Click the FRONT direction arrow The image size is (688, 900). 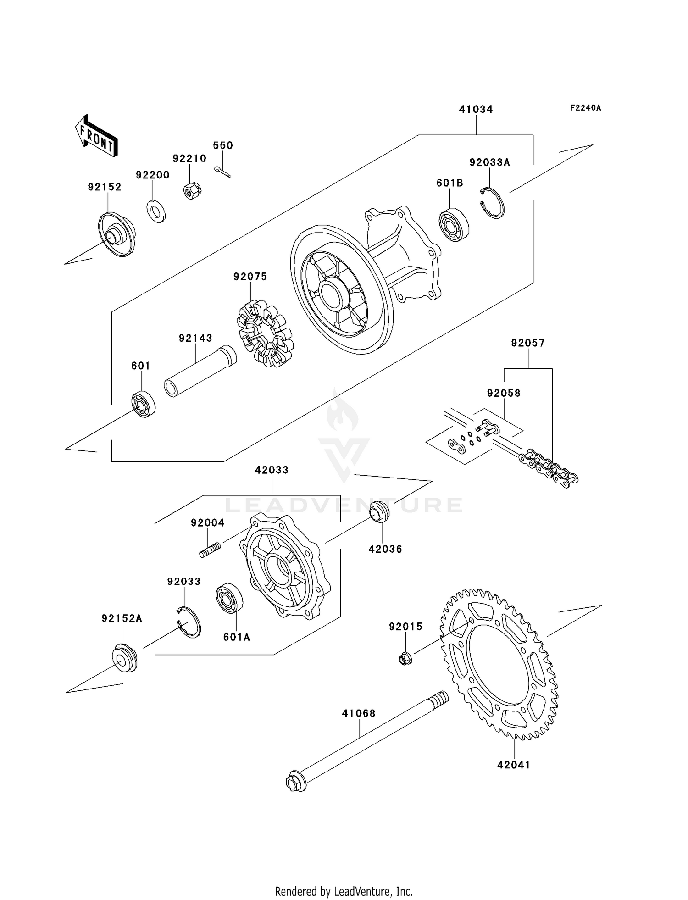coord(97,136)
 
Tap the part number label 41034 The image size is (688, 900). coord(476,109)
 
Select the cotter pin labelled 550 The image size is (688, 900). coord(222,172)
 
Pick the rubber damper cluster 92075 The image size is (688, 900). coord(265,333)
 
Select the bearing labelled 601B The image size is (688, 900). coord(454,225)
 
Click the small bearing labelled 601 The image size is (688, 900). coord(144,404)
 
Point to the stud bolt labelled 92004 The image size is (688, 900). coord(210,550)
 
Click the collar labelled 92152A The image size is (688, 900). coord(124,658)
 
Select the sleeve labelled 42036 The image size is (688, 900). coord(380,512)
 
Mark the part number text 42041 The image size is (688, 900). coord(513,765)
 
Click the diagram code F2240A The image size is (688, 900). coord(585,108)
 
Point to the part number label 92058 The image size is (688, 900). coord(503,393)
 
